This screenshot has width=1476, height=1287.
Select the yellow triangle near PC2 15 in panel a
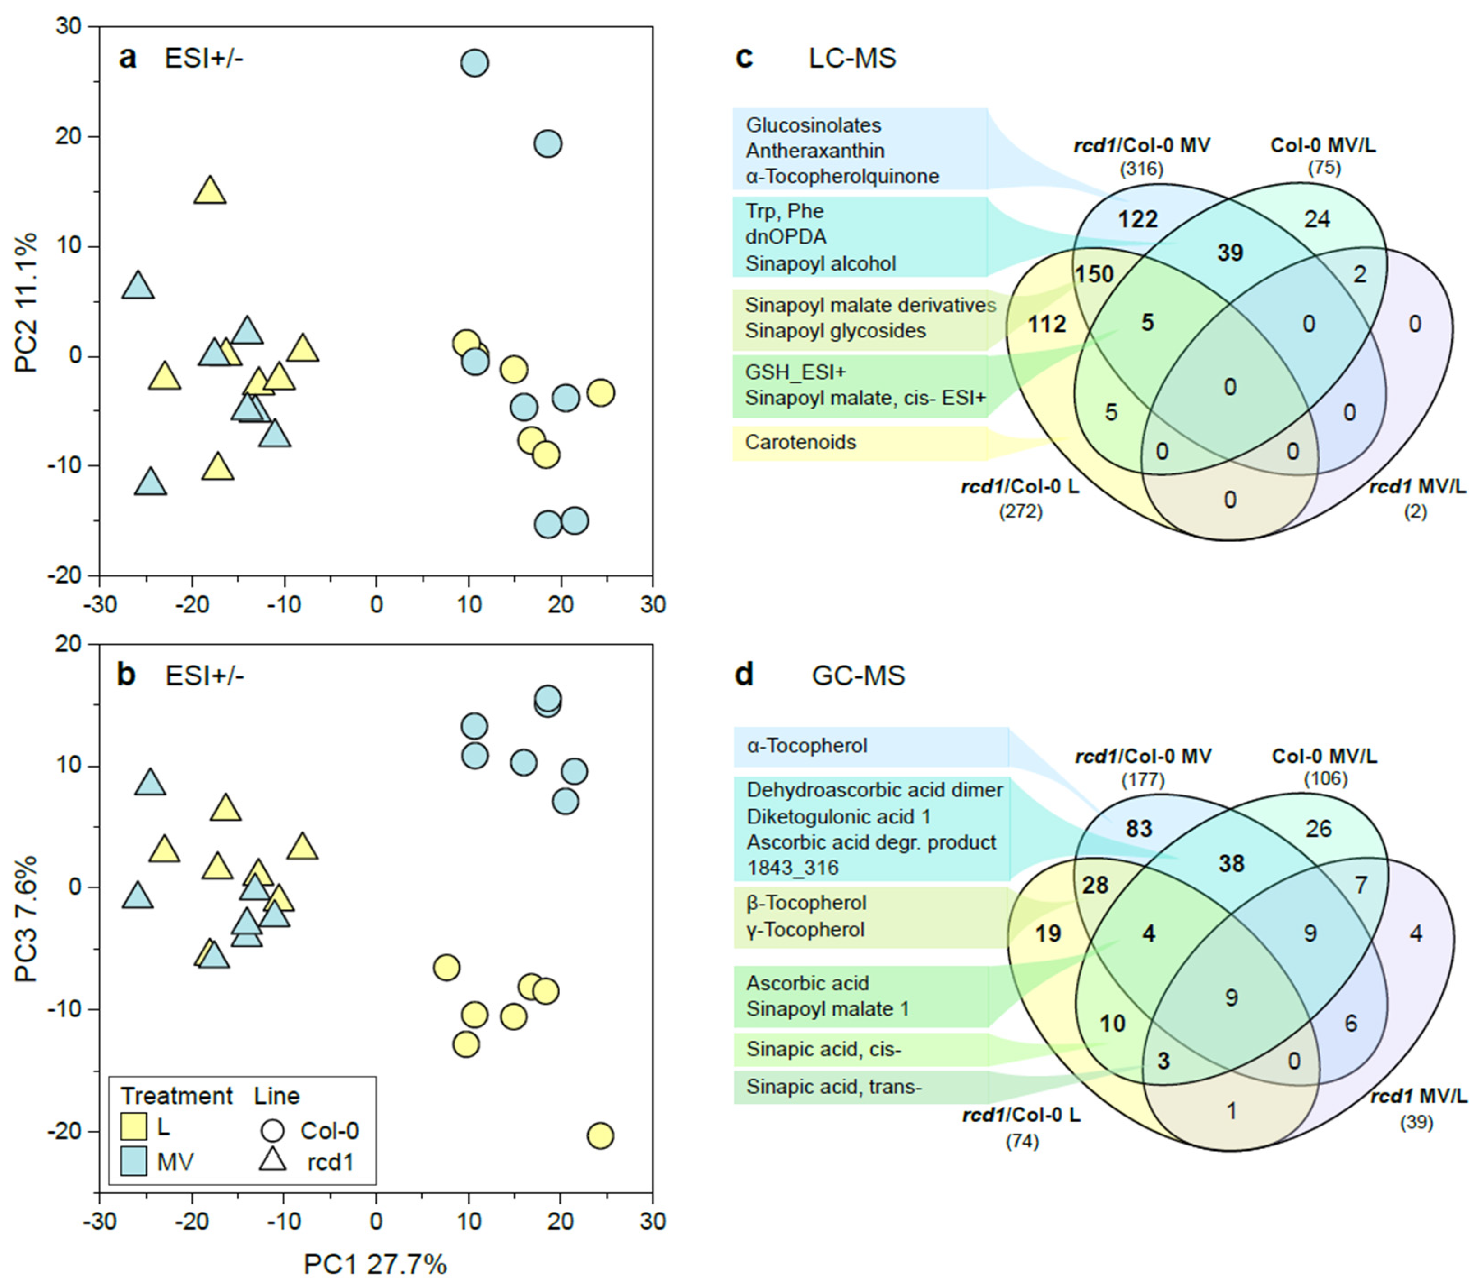(x=210, y=190)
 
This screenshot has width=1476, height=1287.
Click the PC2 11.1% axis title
(x=28, y=302)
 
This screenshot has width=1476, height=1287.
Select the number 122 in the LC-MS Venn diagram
(x=1138, y=218)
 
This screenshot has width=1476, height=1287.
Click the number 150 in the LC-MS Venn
(x=1094, y=274)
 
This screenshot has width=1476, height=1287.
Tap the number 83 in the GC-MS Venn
(x=1138, y=829)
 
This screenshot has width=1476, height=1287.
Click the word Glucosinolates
(x=813, y=125)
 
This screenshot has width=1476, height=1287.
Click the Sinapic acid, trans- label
(x=833, y=1087)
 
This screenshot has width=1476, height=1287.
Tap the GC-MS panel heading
(x=858, y=676)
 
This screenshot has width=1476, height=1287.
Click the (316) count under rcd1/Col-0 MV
(x=1141, y=170)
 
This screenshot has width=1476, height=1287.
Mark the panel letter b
(x=126, y=675)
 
